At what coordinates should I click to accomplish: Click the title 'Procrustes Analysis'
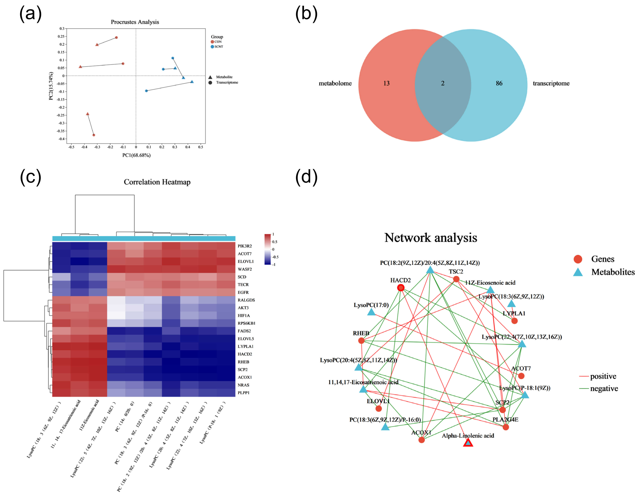(135, 22)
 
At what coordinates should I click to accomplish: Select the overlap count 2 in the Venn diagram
(443, 83)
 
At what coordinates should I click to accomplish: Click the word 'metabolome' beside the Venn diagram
(335, 83)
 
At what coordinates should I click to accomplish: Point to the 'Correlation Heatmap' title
(157, 182)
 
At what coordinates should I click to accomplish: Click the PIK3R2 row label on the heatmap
(245, 246)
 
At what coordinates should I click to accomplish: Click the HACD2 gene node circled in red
(401, 288)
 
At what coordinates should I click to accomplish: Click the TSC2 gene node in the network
(456, 279)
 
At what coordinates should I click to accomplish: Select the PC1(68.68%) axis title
(136, 155)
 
